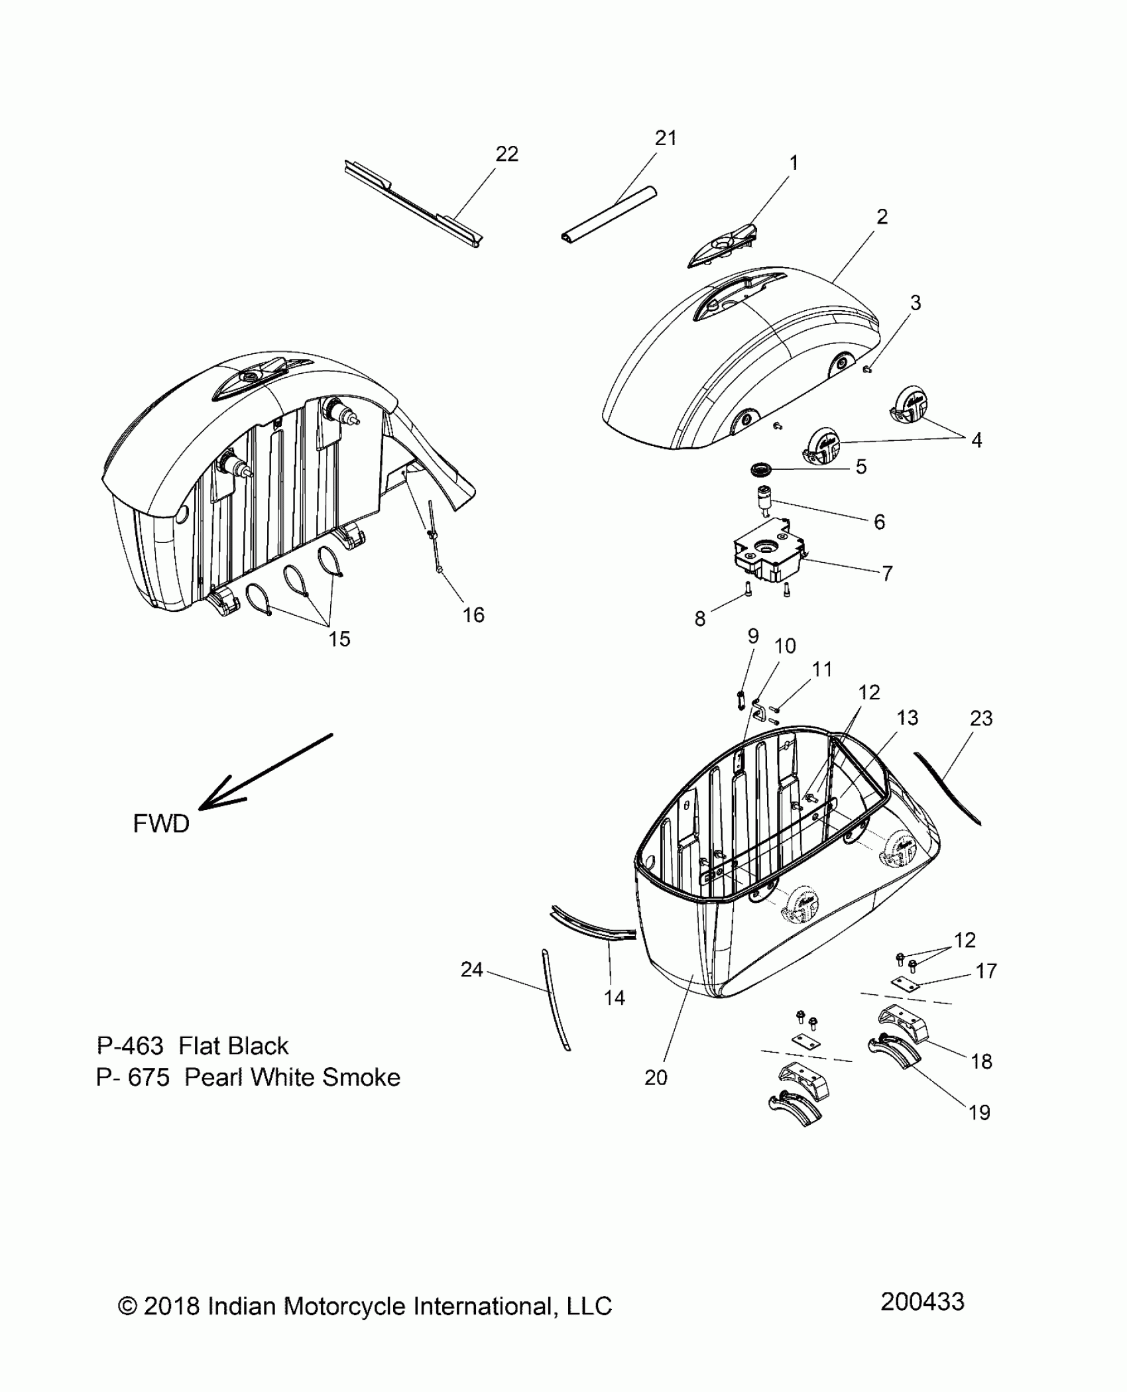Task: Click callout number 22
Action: tap(506, 154)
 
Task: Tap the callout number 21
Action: tap(666, 138)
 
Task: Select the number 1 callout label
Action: tap(794, 163)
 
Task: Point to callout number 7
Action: tap(887, 573)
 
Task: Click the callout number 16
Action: tap(473, 615)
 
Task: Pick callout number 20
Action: tap(656, 1078)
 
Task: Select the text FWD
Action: tap(161, 824)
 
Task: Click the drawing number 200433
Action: tap(922, 1302)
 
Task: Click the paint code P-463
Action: tap(130, 1046)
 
